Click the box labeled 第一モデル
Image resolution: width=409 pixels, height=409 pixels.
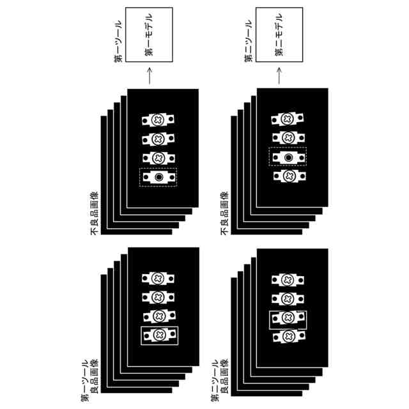pyautogui.click(x=150, y=35)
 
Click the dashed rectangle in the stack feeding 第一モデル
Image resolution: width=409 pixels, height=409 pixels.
pyautogui.click(x=158, y=177)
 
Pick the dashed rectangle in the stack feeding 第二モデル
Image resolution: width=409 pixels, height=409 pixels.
pyautogui.click(x=288, y=157)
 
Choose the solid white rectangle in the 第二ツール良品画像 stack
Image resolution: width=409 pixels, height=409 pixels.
pyautogui.click(x=288, y=318)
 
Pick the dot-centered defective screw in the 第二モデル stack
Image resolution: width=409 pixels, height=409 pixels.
pyautogui.click(x=288, y=157)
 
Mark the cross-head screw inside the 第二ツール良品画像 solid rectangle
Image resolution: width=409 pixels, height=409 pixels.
pyautogui.click(x=287, y=318)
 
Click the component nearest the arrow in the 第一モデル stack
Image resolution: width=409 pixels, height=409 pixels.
pyautogui.click(x=158, y=119)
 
